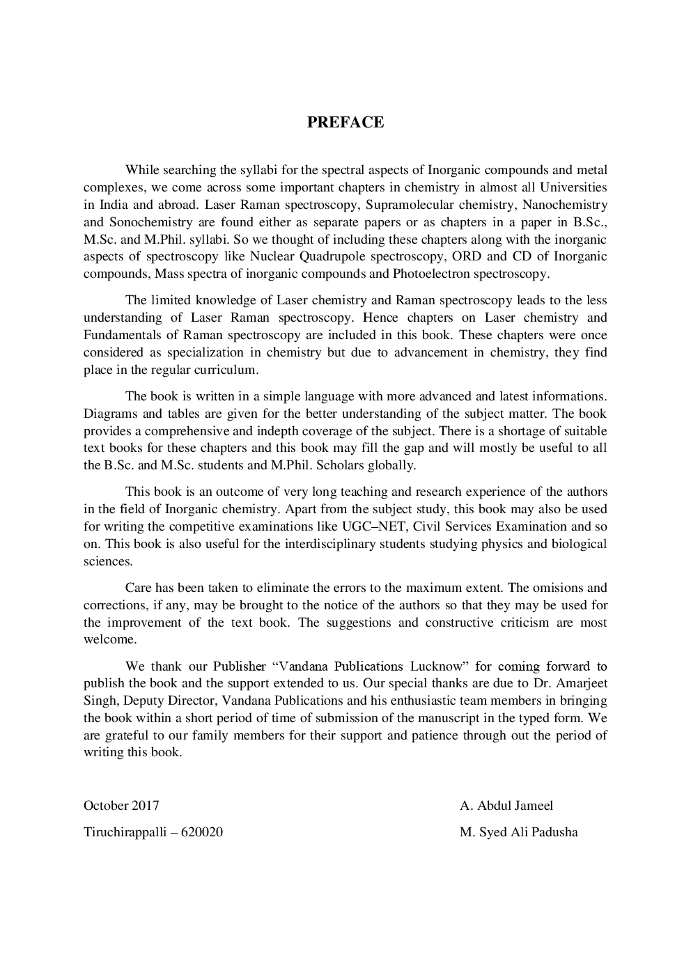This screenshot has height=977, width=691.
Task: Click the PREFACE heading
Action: coord(345,123)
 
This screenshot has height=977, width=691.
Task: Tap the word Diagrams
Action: coord(110,414)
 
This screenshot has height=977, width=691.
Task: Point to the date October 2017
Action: coord(121,806)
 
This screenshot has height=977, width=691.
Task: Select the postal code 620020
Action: coord(201,832)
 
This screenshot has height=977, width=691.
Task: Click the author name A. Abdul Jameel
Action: coord(506,806)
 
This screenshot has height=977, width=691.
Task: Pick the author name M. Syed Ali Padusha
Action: coord(518,832)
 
